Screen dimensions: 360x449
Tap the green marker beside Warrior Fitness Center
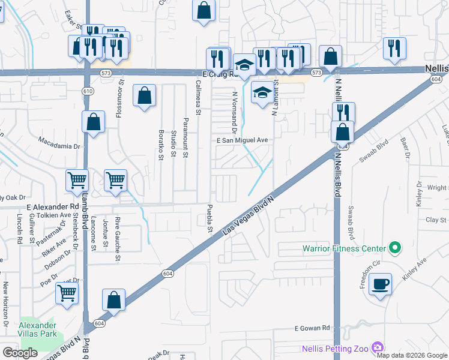394,247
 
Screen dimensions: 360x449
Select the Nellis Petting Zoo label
339,346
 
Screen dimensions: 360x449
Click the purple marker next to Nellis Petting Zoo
377,347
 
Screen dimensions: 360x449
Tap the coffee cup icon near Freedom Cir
381,284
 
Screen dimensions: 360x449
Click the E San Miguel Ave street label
242,140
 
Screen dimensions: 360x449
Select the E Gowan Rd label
313,328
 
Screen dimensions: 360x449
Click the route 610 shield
88,91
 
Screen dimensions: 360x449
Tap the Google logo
20,353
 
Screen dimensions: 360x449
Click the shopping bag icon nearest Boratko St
144,95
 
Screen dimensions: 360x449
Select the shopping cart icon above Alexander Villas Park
67,293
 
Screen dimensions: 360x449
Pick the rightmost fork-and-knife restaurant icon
394,48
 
